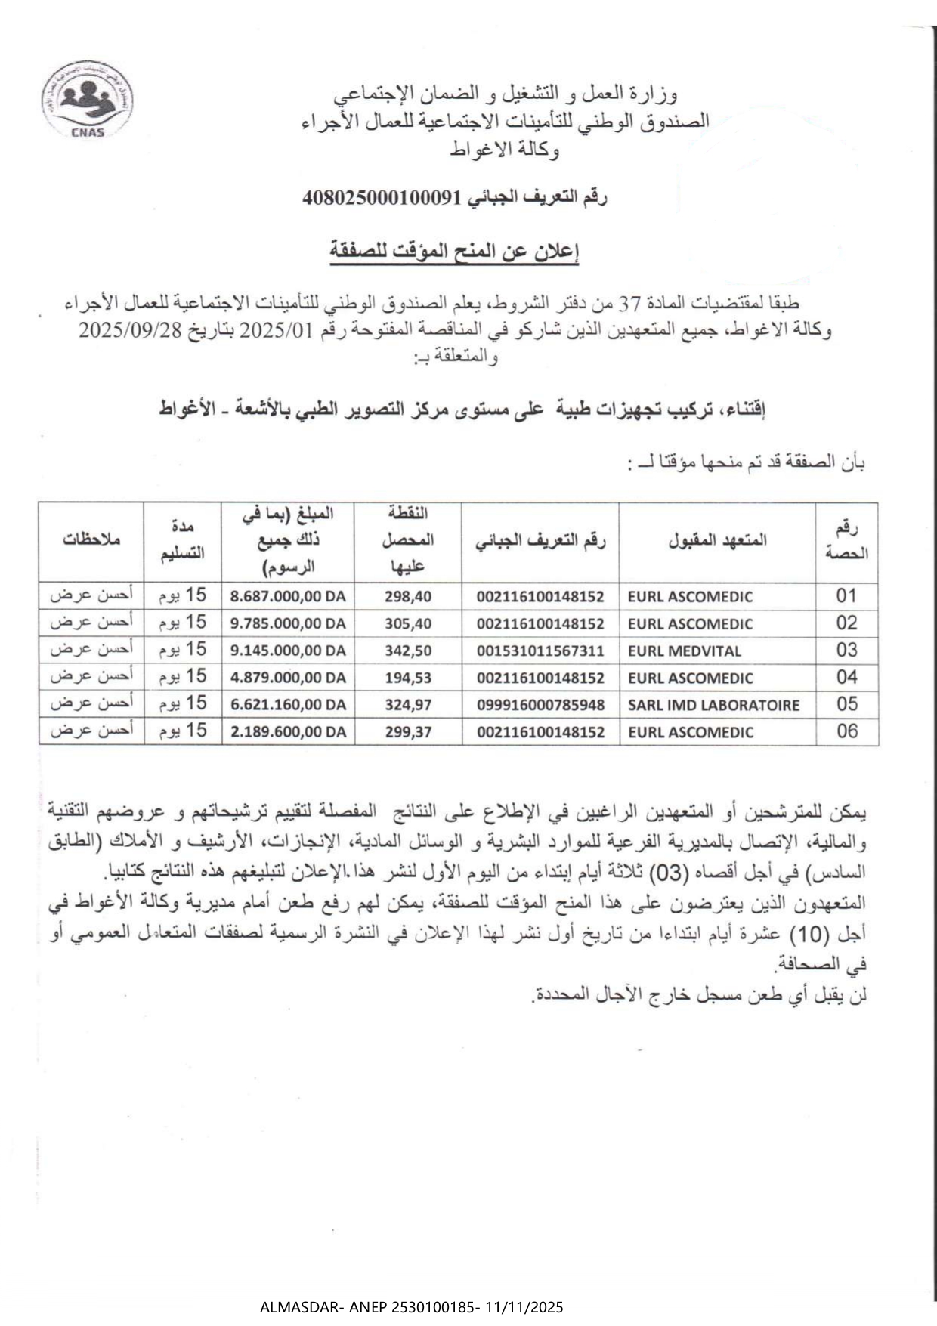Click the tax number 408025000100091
[x=381, y=198]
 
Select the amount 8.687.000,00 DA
[x=288, y=596]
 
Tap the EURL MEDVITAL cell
[x=684, y=651]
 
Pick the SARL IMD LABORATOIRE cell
[x=713, y=705]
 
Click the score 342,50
[x=408, y=651]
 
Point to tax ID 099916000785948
[x=540, y=705]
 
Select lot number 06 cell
[x=847, y=731]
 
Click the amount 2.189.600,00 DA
[x=288, y=732]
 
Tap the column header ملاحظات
[x=91, y=541]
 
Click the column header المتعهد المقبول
[x=717, y=540]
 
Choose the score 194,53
[x=408, y=678]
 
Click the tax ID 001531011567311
[x=540, y=651]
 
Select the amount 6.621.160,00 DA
[x=288, y=705]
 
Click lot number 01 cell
[x=847, y=596]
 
